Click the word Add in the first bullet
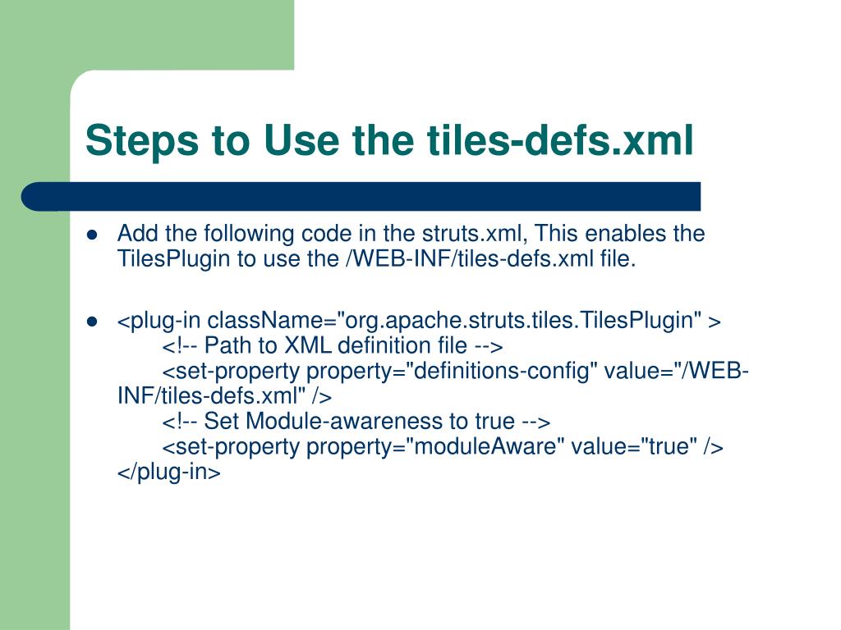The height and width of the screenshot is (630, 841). (x=136, y=235)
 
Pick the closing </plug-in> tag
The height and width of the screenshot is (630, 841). (x=168, y=472)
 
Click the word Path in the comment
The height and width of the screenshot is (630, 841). (x=224, y=345)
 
